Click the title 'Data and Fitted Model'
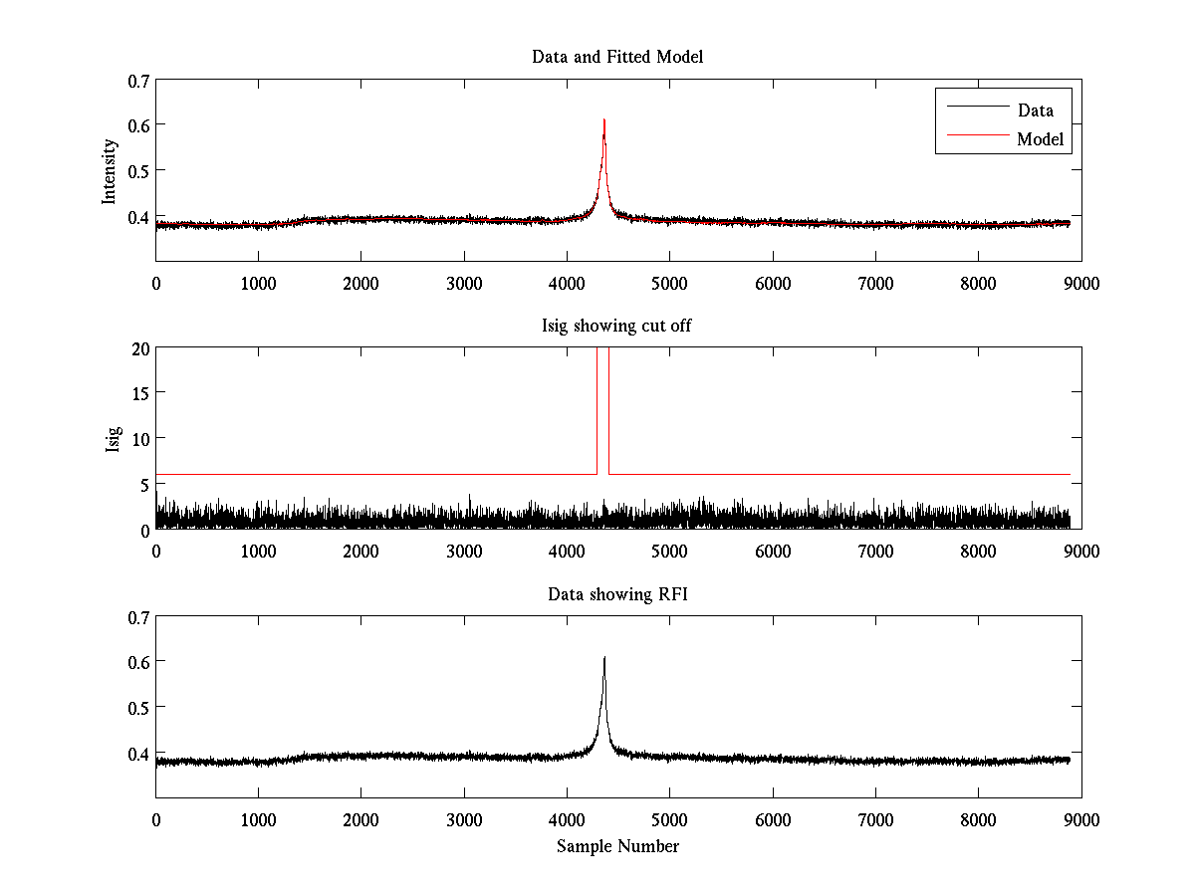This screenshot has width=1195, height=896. coord(617,57)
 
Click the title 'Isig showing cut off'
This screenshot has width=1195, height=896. coord(617,326)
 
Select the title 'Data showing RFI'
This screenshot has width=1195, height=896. coord(617,594)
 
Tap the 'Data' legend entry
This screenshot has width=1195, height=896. coord(1035,111)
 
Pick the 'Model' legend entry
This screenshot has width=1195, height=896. coord(1041,139)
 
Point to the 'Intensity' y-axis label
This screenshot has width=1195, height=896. coord(111,171)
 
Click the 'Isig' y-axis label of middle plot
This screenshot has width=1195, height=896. coord(113,439)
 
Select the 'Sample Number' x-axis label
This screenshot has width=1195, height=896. coord(617,846)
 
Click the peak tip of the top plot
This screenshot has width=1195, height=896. coord(604,120)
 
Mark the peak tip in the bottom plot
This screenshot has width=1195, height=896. coord(604,657)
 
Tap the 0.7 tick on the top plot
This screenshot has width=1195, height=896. coord(138,80)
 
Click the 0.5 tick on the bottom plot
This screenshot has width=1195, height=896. coord(138,707)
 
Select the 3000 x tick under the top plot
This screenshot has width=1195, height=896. coord(464,283)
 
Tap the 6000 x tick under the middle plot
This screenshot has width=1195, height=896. coord(773,552)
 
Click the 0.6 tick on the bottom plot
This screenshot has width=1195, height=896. coord(138,662)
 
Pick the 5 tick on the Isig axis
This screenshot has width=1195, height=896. coord(145,485)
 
